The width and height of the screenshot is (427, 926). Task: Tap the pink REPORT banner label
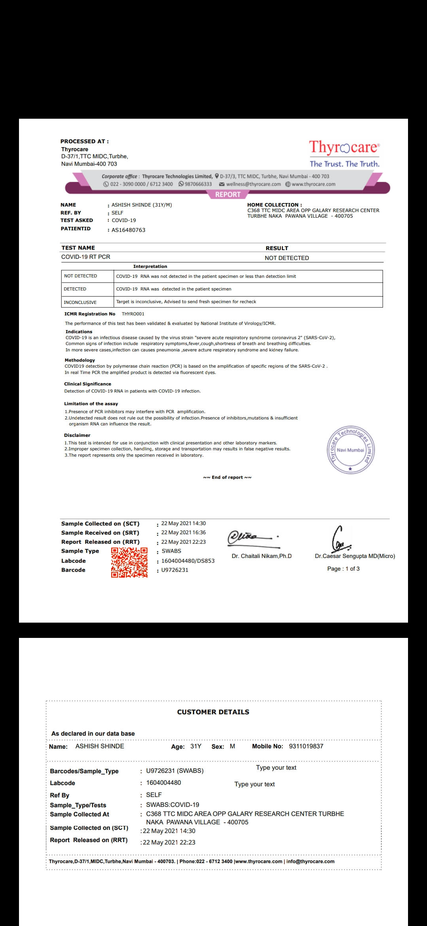click(x=228, y=194)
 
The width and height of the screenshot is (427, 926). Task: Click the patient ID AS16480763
click(x=128, y=230)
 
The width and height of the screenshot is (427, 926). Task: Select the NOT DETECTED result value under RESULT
click(x=287, y=258)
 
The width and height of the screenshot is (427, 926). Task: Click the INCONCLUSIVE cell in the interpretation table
click(x=80, y=302)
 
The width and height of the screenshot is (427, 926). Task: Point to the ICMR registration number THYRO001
click(x=133, y=314)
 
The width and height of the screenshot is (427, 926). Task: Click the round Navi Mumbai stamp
click(x=350, y=450)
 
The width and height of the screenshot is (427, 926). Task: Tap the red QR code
click(x=129, y=562)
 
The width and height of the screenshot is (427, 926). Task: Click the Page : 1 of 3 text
click(x=343, y=569)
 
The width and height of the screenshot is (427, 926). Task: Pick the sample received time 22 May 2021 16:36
click(x=183, y=533)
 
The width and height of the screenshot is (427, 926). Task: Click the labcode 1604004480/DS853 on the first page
click(x=188, y=561)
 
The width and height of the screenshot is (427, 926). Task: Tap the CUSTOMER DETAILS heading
click(x=213, y=712)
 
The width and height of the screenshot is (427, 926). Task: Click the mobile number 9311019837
click(x=306, y=746)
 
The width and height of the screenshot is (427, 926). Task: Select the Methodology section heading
click(x=80, y=360)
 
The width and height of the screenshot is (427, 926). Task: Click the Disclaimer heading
click(x=77, y=435)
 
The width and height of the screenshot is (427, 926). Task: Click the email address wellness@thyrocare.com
click(x=253, y=184)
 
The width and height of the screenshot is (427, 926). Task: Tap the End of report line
click(x=227, y=477)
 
